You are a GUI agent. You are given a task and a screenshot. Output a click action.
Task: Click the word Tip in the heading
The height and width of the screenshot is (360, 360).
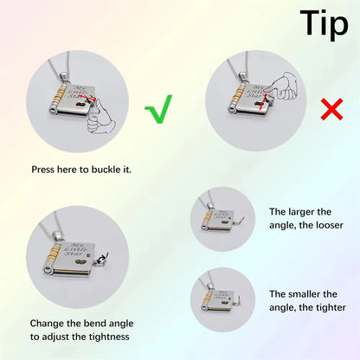click(x=325, y=24)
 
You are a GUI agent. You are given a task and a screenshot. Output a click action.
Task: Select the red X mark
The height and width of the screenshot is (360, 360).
click(x=332, y=109)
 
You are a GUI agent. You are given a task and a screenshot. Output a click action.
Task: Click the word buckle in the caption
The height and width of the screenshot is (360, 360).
click(x=104, y=170)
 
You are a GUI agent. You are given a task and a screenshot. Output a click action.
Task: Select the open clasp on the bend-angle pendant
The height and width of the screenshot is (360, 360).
click(x=101, y=260)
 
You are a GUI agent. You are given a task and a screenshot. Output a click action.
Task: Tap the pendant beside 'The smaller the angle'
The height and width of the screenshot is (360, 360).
click(x=221, y=299)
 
